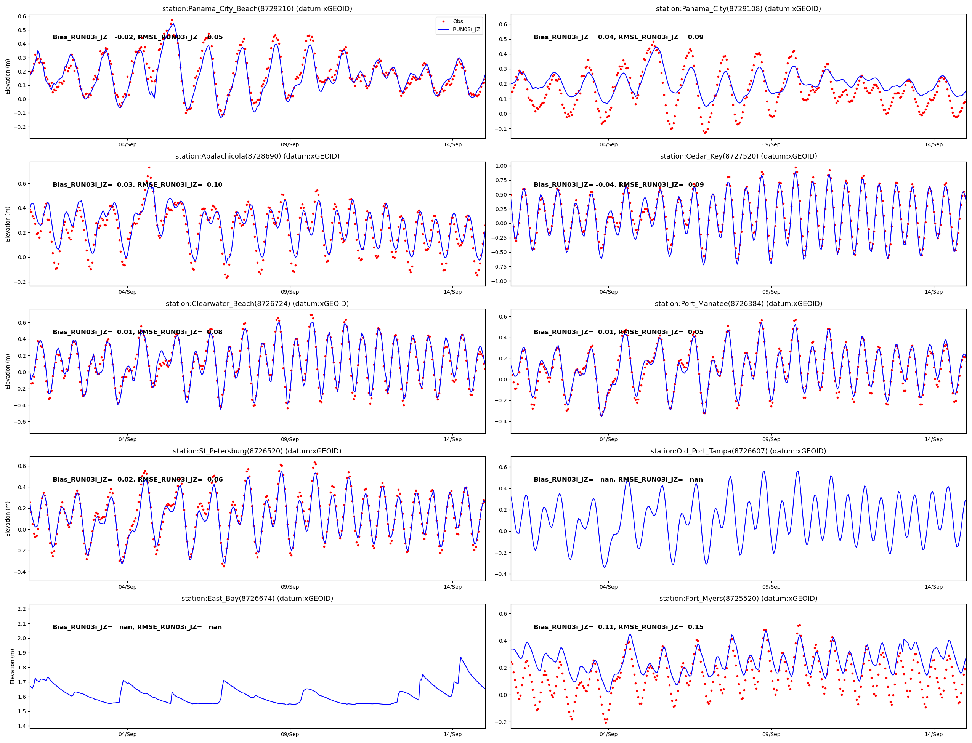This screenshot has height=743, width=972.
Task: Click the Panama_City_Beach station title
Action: tap(257, 9)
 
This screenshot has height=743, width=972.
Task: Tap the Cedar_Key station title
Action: tap(738, 156)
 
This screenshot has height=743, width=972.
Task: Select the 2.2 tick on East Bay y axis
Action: tap(21, 609)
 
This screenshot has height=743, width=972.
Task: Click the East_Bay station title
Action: tap(257, 598)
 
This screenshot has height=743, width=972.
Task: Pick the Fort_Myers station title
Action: tap(738, 598)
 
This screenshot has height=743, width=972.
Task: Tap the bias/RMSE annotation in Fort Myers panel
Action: tap(618, 627)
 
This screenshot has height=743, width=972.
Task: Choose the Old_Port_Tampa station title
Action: tap(738, 451)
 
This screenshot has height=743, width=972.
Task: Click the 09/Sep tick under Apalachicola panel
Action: tap(290, 292)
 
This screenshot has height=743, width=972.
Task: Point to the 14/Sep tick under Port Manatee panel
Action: tap(934, 439)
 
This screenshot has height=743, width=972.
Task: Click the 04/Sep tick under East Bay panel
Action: tap(127, 734)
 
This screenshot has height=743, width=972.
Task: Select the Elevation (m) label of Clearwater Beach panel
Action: tap(8, 371)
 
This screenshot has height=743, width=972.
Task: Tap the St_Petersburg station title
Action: tap(257, 451)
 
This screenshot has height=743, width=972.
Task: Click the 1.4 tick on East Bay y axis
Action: tap(21, 726)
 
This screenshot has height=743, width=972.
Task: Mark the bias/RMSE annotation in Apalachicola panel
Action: tap(137, 184)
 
